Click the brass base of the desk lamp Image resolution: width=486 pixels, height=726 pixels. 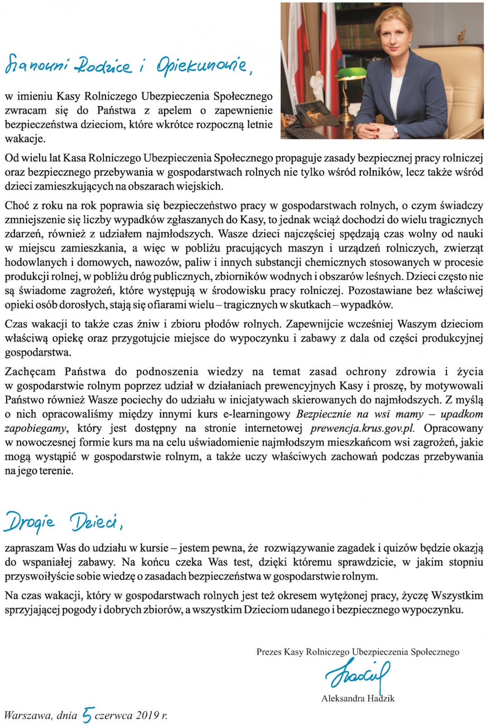click(x=344, y=109)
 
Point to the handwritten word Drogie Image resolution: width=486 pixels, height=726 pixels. click(x=30, y=522)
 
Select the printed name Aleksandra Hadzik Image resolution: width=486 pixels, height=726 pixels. click(x=357, y=698)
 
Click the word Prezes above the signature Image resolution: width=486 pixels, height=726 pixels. click(x=268, y=652)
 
